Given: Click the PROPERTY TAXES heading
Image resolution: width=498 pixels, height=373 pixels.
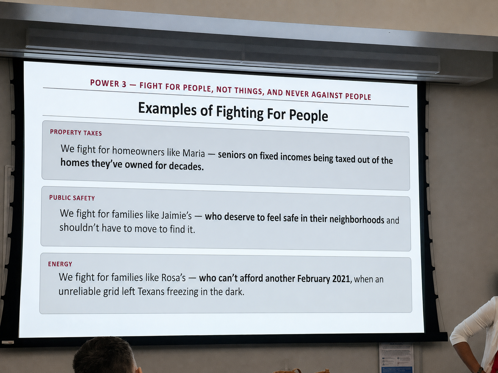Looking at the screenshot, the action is [x=76, y=133].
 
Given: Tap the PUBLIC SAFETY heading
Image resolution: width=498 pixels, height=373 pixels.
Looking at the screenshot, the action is [x=72, y=198].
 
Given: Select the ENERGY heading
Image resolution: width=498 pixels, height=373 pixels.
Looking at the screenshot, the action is [x=60, y=264].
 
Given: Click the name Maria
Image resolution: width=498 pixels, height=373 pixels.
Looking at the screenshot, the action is [x=194, y=153].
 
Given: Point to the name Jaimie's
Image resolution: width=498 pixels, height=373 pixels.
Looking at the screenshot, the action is [x=176, y=215].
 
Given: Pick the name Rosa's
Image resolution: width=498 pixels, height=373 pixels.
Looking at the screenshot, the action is [x=173, y=278].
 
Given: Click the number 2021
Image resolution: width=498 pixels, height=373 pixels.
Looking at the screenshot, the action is [x=341, y=279].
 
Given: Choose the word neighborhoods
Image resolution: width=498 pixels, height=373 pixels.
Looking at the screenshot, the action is [x=357, y=219].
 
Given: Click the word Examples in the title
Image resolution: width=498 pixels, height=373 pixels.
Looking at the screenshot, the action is [x=167, y=110].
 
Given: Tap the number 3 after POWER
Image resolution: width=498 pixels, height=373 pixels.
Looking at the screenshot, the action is [x=124, y=84].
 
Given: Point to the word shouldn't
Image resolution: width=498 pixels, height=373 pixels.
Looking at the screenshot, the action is [x=79, y=227].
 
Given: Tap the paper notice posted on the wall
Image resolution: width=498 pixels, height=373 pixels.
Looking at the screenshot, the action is [x=396, y=358].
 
